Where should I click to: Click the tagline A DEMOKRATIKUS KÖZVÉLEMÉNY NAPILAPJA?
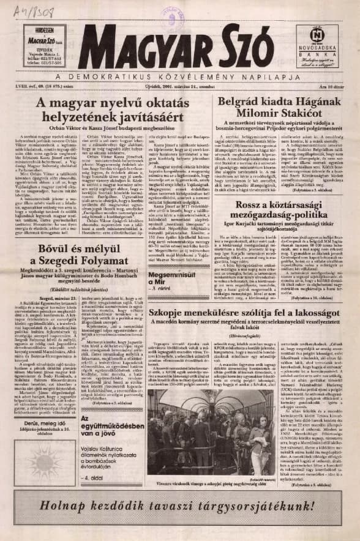[181, 78]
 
